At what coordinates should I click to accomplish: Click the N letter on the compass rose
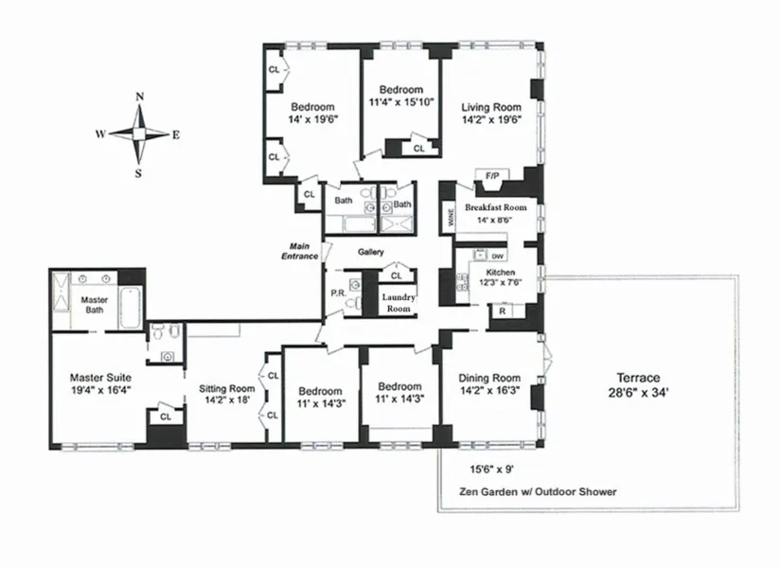(140, 97)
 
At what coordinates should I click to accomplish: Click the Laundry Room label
(397, 302)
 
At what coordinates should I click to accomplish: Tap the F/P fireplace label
(492, 176)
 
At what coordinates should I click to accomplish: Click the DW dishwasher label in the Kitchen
(499, 256)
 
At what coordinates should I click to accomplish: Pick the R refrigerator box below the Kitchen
(502, 311)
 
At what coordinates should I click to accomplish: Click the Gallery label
(369, 253)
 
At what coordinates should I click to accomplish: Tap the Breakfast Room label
(495, 207)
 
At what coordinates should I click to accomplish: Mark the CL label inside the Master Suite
(165, 416)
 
